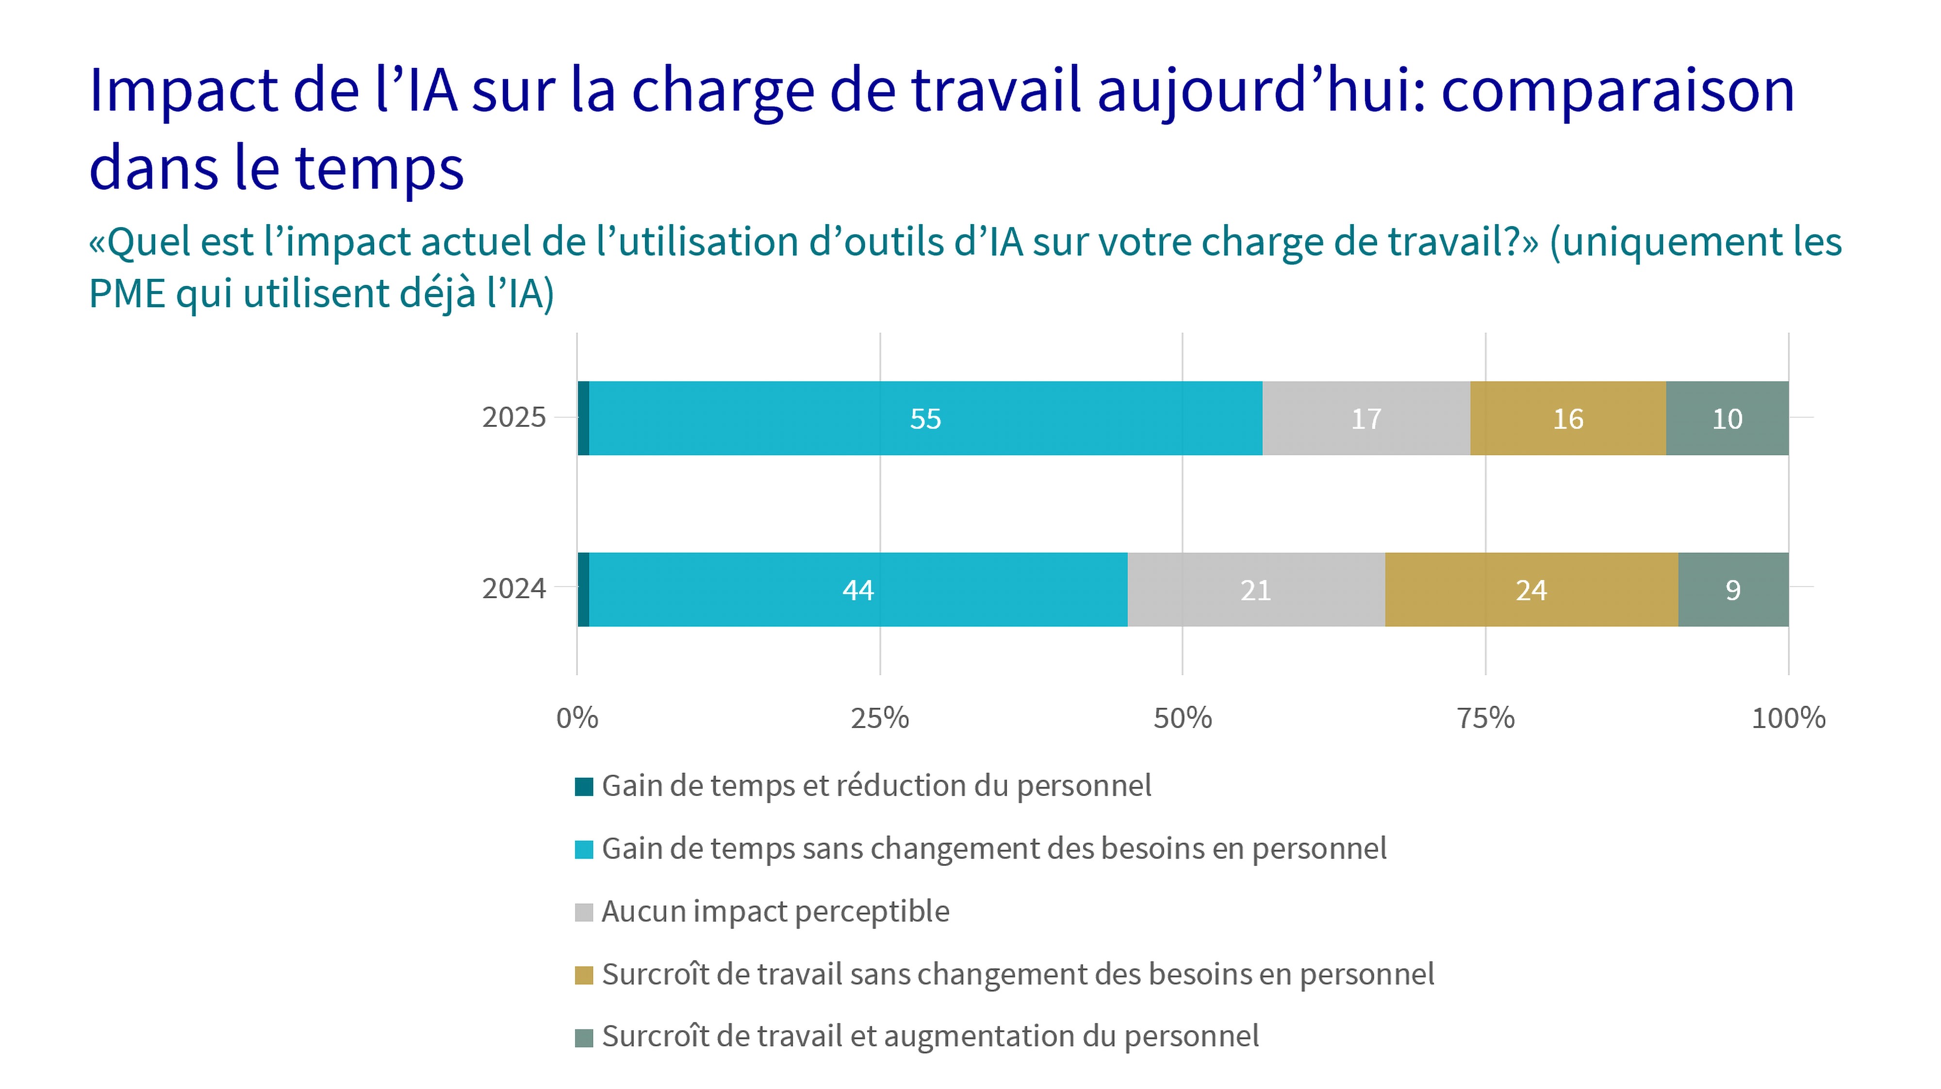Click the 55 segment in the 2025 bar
click(925, 418)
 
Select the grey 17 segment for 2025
click(1366, 418)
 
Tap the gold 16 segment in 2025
click(1568, 418)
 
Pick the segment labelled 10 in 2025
click(1727, 418)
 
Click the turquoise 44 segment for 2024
click(858, 590)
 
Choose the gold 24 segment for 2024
click(1531, 590)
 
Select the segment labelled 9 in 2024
click(1733, 590)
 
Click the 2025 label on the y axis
click(514, 417)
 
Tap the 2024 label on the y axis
click(514, 588)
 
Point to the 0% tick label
click(577, 718)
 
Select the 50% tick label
click(1182, 718)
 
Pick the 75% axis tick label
click(1485, 718)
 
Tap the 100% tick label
click(1788, 718)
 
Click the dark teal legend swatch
click(584, 787)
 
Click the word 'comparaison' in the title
click(1618, 90)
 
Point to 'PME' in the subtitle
click(127, 293)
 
